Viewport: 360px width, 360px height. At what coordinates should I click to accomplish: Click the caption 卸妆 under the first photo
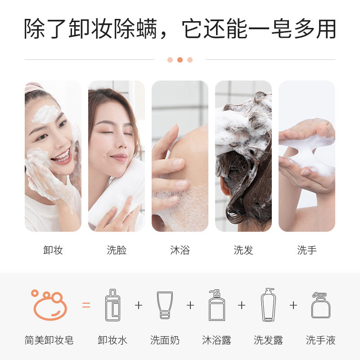point(53,250)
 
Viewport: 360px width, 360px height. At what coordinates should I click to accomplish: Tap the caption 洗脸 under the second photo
point(117,250)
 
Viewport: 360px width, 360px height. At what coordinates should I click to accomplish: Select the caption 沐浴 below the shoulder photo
point(180,250)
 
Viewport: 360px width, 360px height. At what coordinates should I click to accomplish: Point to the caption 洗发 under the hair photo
point(243,250)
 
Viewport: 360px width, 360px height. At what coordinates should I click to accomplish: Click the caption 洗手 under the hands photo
point(307,250)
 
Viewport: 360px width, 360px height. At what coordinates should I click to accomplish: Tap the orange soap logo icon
point(49,305)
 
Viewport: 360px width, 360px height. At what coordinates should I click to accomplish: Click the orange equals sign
point(86,305)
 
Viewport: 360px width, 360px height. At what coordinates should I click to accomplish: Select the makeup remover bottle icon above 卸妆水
point(112,305)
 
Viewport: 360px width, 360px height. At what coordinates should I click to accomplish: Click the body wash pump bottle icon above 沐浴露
point(217,305)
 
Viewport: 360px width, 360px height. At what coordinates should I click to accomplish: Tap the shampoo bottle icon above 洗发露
point(268,305)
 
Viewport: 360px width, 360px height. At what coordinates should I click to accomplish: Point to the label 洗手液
point(320,340)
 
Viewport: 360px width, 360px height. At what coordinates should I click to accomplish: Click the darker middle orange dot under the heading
point(180,60)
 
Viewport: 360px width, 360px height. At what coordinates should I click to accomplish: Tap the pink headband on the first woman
point(33,87)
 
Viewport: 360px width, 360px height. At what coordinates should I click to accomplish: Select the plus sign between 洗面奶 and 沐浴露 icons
point(190,305)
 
